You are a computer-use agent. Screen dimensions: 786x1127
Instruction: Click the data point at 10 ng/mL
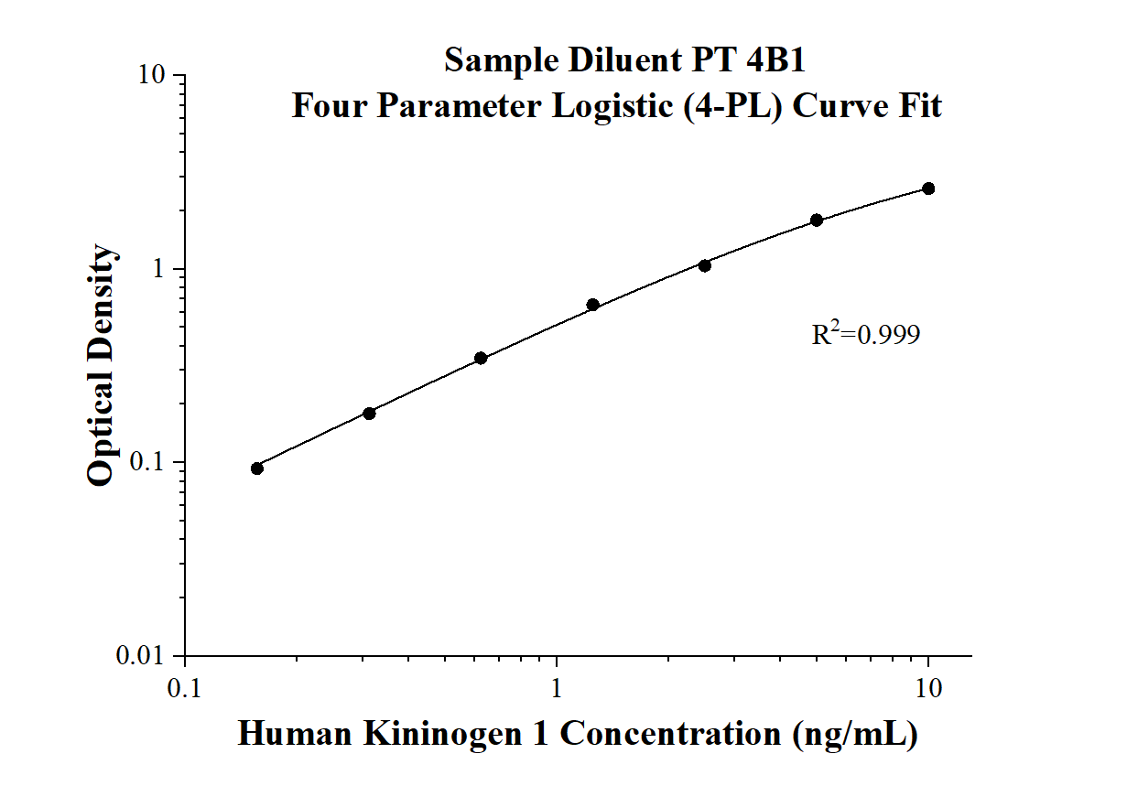point(928,188)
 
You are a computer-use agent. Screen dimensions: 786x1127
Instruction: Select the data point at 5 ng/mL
point(817,221)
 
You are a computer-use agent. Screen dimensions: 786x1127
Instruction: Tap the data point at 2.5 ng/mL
point(704,265)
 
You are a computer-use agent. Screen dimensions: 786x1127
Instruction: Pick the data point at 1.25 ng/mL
point(592,305)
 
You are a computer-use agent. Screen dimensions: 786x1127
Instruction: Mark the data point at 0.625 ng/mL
point(481,358)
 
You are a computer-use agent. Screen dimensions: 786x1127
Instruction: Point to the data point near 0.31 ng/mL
point(369,414)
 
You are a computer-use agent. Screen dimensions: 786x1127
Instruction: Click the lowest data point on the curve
point(257,468)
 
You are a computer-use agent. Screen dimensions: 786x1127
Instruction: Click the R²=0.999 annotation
point(865,335)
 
